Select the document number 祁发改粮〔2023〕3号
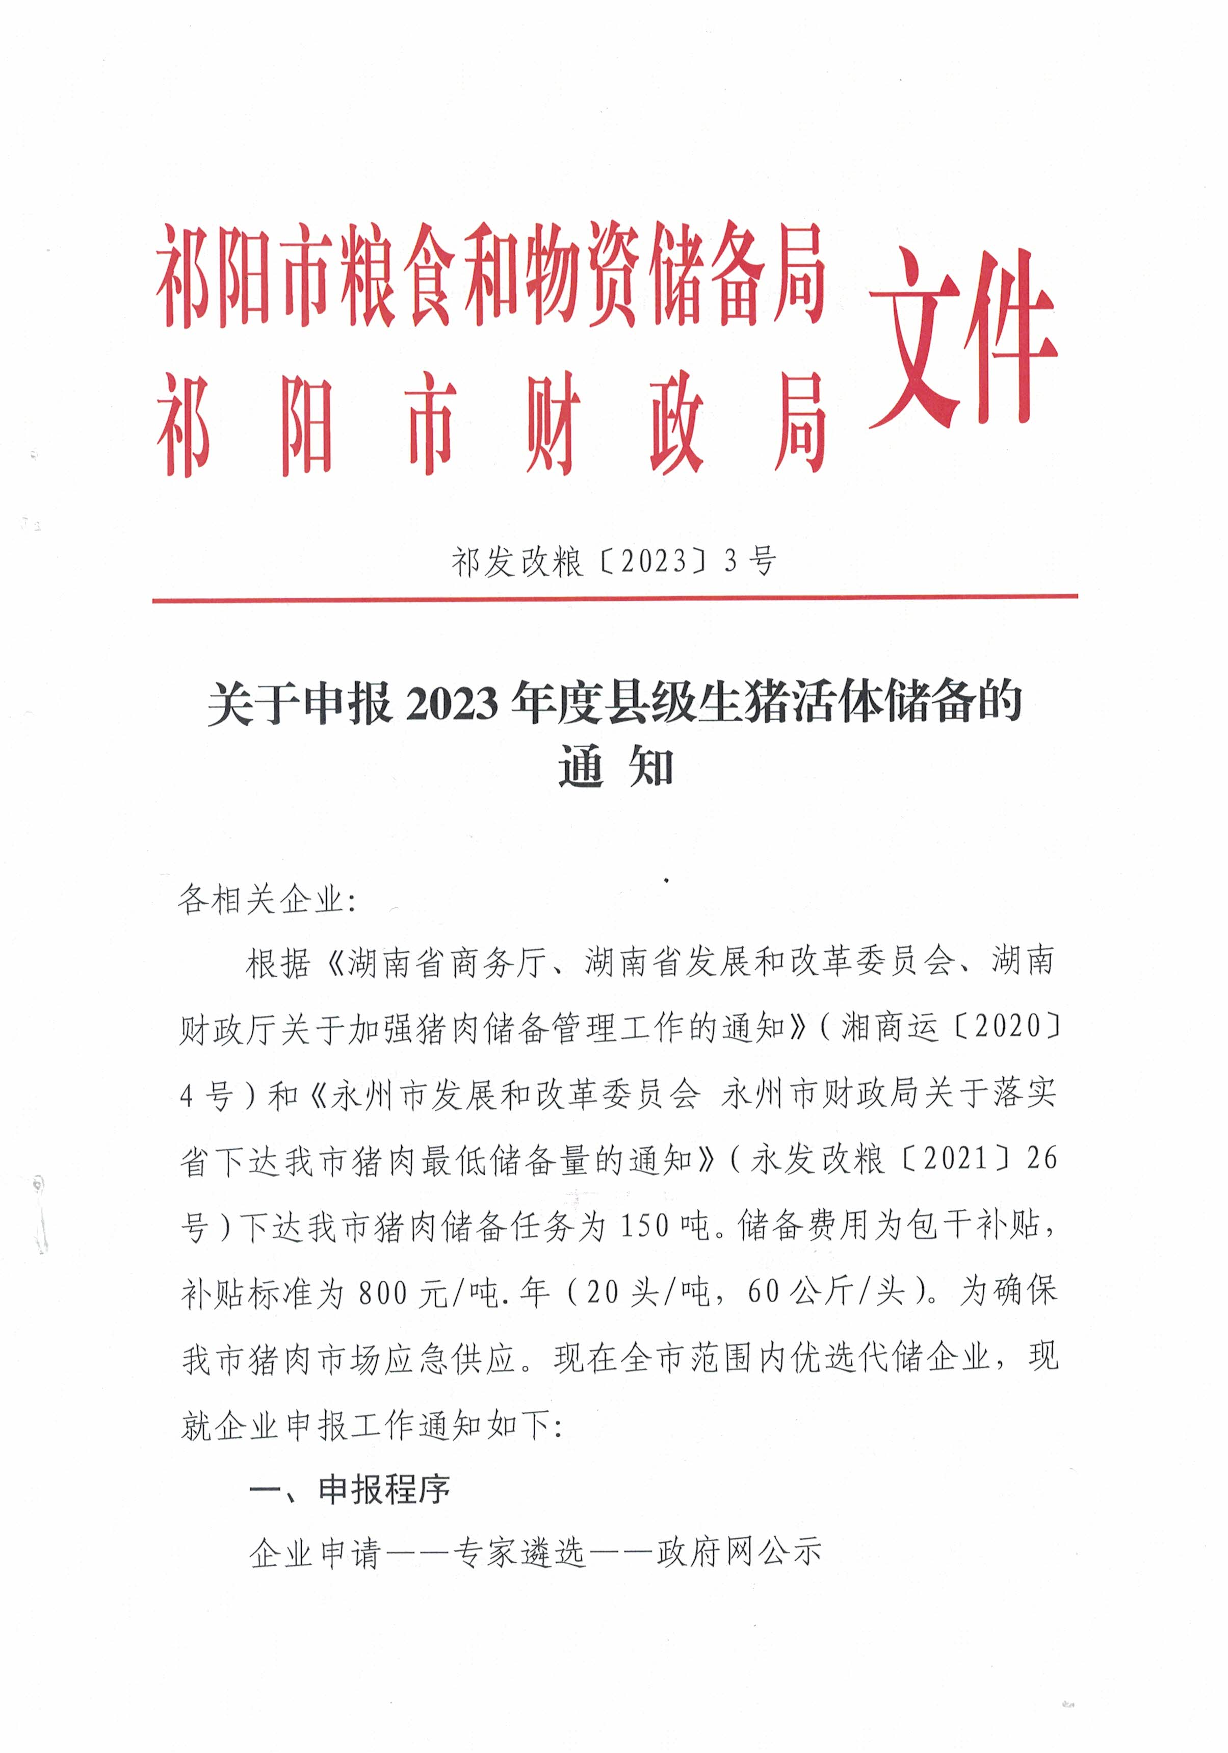(x=614, y=562)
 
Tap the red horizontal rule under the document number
(x=614, y=599)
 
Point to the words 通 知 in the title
(x=614, y=767)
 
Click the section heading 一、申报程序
(x=350, y=1490)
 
